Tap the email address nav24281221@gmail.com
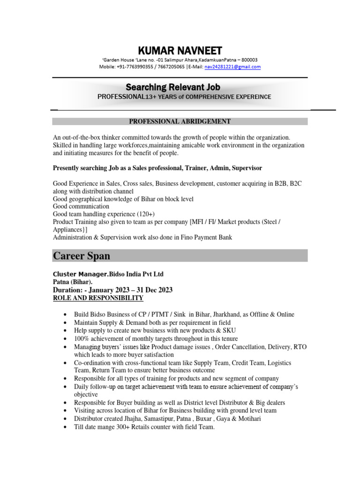(x=232, y=67)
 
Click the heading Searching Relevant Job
(x=173, y=87)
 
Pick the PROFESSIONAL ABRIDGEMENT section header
(x=180, y=121)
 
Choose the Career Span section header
(x=82, y=255)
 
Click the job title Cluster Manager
(x=80, y=274)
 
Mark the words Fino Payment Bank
(x=206, y=238)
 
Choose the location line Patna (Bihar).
(x=72, y=282)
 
